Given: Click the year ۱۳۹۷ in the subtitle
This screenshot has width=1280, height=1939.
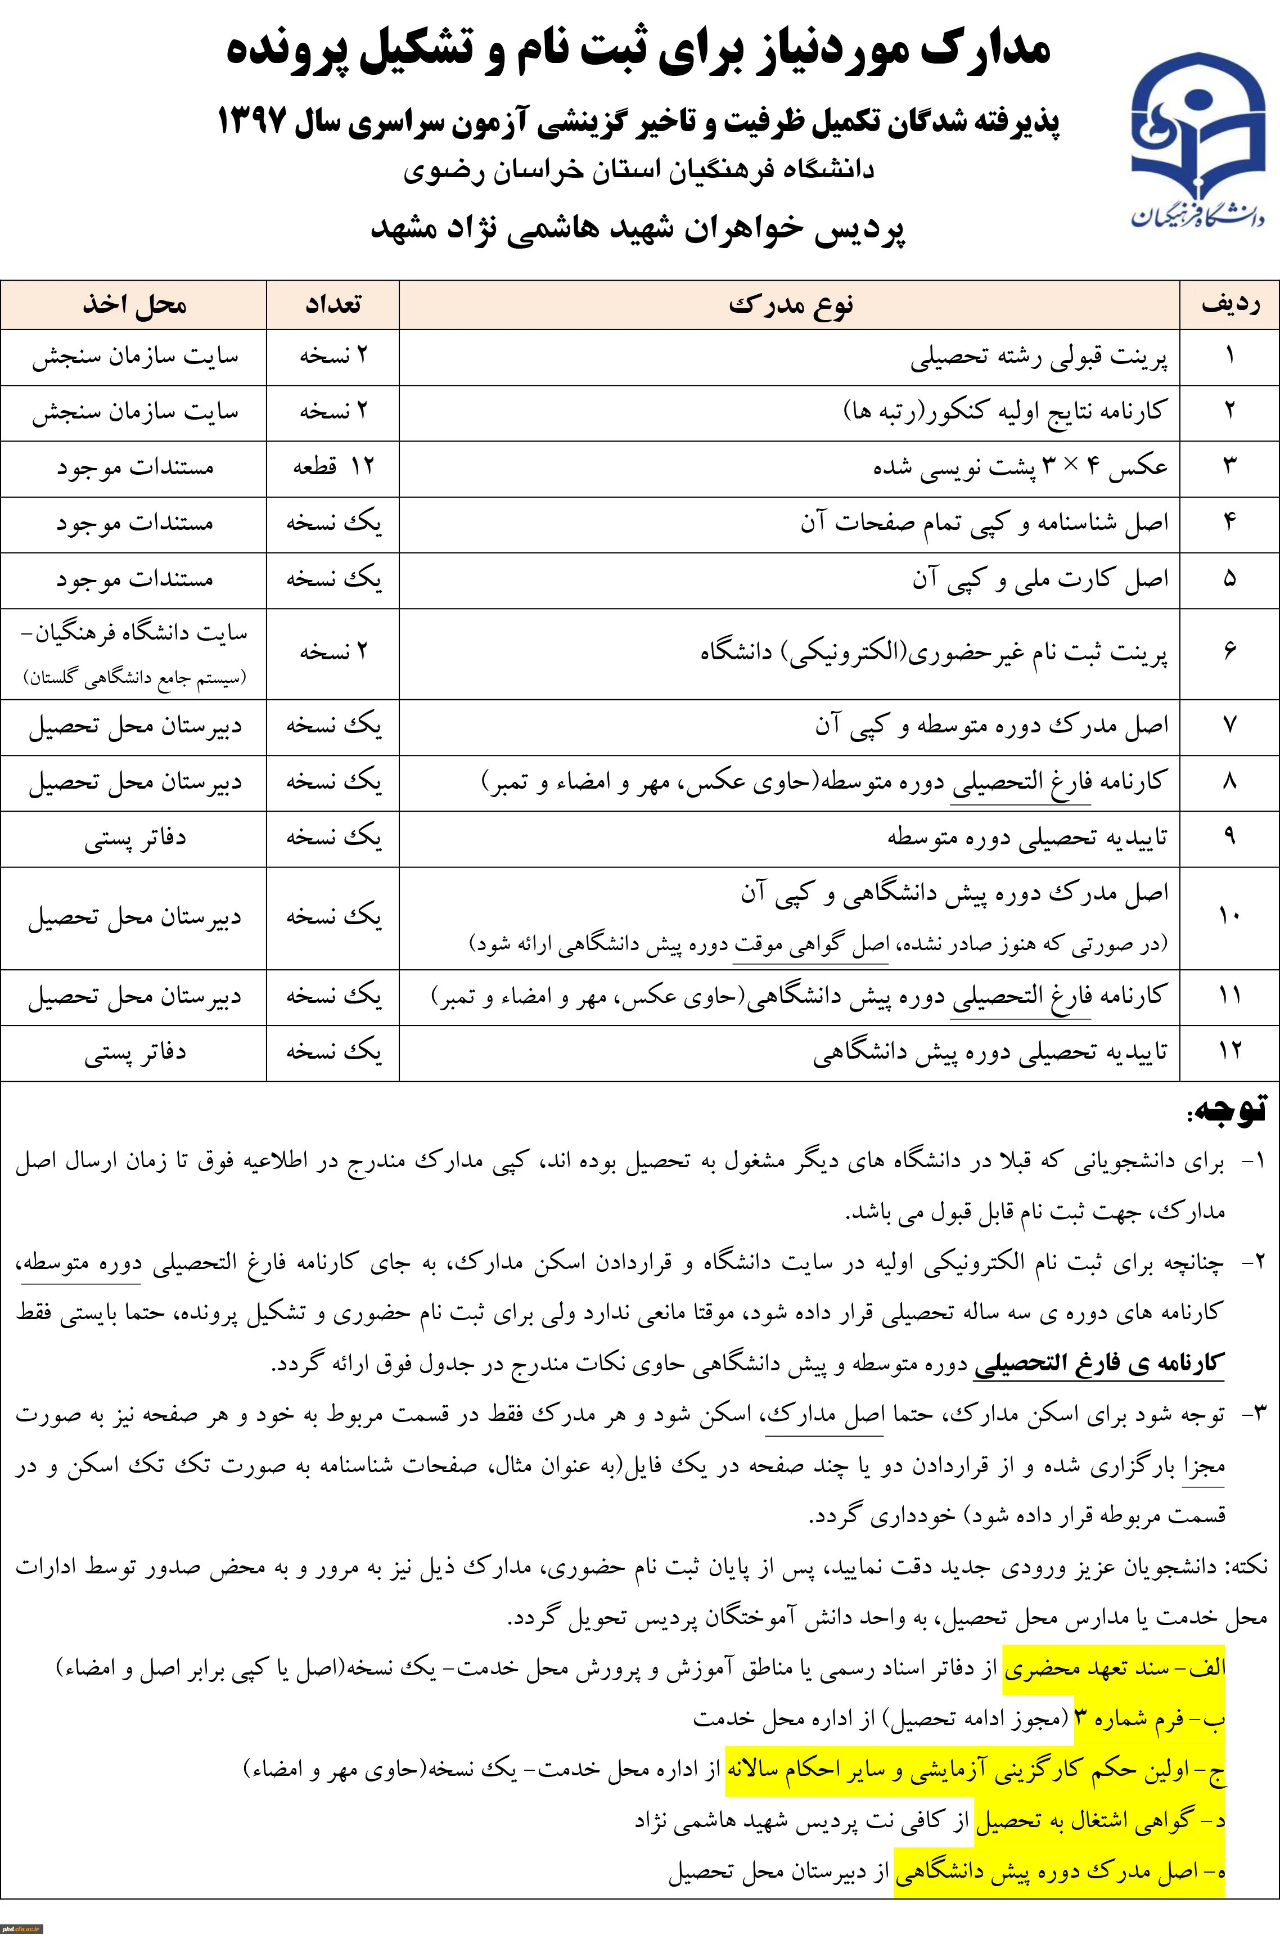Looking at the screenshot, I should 253,123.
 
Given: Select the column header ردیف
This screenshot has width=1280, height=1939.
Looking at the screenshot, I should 1229,305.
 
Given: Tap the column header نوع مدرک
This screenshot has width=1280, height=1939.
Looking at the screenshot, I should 790,305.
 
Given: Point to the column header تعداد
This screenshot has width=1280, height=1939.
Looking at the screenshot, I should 333,305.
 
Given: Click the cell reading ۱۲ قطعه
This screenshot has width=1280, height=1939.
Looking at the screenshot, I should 333,468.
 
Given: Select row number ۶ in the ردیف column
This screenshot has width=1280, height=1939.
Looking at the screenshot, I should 1229,653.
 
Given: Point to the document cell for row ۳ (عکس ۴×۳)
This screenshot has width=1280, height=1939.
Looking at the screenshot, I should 1020,468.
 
